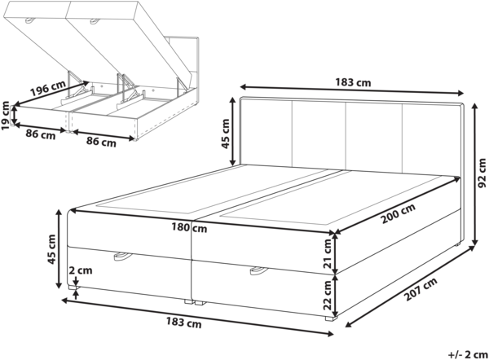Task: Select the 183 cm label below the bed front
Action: coord(186,323)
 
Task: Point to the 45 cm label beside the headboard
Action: coord(227,131)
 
